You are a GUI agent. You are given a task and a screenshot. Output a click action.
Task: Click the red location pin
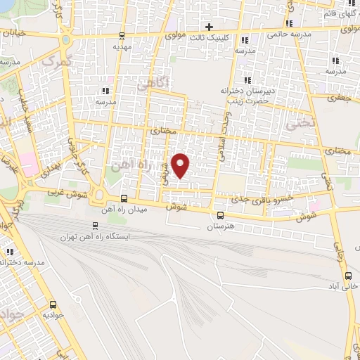[181, 165]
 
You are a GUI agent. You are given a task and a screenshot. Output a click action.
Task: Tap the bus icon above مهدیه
[123, 36]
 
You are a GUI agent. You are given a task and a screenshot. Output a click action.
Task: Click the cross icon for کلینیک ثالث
[209, 27]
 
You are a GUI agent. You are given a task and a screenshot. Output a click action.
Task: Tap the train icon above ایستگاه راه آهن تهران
[96, 226]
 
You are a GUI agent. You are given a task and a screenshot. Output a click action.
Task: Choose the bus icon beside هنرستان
[221, 216]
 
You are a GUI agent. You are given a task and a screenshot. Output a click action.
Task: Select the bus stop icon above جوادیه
[53, 305]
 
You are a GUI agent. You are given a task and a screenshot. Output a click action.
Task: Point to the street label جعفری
[340, 99]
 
